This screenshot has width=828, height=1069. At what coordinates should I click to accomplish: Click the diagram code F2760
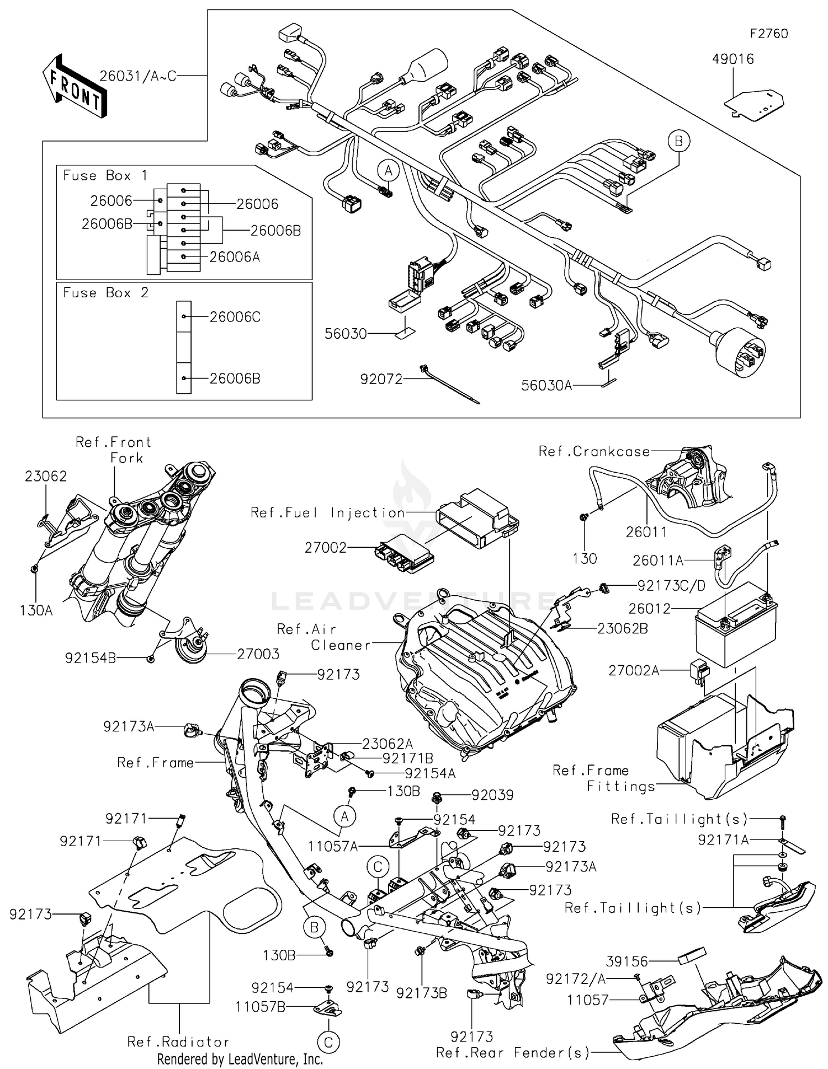point(768,34)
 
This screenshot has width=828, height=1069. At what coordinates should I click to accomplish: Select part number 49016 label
point(733,59)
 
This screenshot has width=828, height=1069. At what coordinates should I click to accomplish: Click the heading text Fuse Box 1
point(105,175)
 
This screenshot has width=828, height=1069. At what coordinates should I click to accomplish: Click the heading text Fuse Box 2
point(105,292)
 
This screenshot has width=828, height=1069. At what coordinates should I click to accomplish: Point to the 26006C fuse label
point(235,317)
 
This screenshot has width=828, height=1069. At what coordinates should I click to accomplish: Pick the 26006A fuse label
point(235,257)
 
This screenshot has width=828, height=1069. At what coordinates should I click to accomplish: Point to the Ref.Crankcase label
point(595,452)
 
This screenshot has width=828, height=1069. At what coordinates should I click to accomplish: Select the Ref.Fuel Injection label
point(328,513)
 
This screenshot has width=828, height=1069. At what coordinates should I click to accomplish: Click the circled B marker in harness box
point(678,141)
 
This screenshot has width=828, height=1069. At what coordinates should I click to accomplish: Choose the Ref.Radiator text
point(178,1042)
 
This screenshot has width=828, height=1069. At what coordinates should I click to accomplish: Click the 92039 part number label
point(492,795)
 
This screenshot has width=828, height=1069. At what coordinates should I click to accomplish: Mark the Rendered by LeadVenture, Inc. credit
point(240,1059)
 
